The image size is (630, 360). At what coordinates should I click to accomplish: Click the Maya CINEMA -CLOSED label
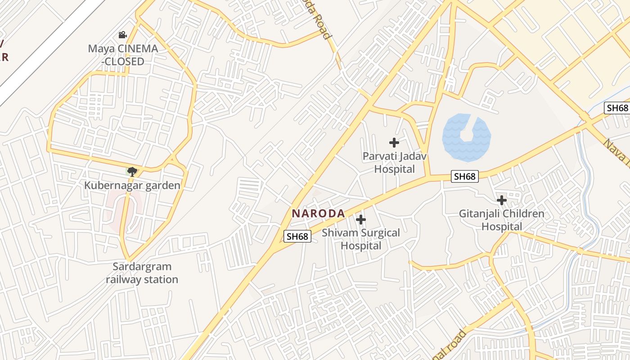123,55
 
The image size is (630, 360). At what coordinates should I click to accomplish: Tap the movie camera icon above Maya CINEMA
122,35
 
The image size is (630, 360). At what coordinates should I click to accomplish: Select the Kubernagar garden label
132,185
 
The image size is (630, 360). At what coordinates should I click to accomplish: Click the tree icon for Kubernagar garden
132,171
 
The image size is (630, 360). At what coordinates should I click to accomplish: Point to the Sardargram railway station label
142,273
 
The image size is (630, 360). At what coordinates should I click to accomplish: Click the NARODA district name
318,214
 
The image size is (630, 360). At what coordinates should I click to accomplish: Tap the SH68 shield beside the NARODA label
297,236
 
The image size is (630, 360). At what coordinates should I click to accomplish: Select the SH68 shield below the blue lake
464,176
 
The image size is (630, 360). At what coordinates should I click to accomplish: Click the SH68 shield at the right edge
617,108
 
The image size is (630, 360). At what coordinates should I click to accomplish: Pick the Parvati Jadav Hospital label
395,162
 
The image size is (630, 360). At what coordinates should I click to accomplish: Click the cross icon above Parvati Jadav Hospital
394,143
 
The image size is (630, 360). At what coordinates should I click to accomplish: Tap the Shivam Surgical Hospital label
361,239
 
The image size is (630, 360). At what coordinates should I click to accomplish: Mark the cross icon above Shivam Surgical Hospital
360,220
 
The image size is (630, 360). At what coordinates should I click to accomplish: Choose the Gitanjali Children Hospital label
502,220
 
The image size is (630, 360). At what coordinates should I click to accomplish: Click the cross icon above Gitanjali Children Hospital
502,200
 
